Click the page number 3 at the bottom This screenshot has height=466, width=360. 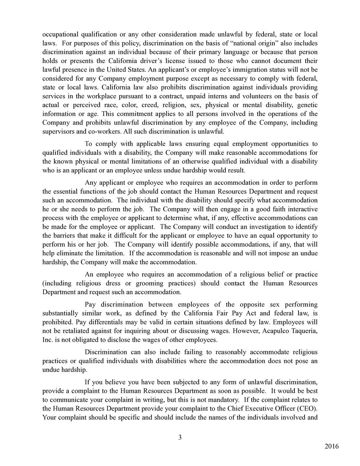coord(180,438)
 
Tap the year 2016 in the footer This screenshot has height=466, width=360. coord(332,447)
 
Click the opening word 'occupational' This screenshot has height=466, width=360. coord(60,35)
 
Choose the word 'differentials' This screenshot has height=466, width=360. coord(102,322)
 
